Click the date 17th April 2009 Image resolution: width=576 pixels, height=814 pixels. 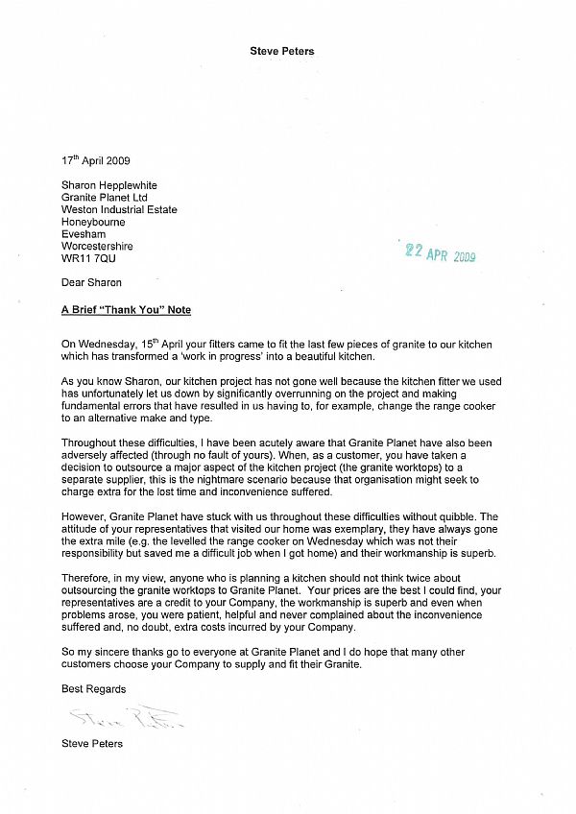coord(95,160)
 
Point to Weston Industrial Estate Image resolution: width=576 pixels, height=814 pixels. coord(118,209)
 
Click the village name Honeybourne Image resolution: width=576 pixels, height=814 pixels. coord(94,222)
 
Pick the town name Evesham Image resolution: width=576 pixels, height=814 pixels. coord(83,234)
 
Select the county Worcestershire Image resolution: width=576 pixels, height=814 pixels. coord(97,247)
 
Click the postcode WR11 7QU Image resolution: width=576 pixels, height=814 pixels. coord(86,259)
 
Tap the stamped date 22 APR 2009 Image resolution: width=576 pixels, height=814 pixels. coord(440,253)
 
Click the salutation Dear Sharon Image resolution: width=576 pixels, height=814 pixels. coord(91,283)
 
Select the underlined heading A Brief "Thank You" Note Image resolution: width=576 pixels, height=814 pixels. coord(126,310)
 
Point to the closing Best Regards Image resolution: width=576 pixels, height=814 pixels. coord(93,689)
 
